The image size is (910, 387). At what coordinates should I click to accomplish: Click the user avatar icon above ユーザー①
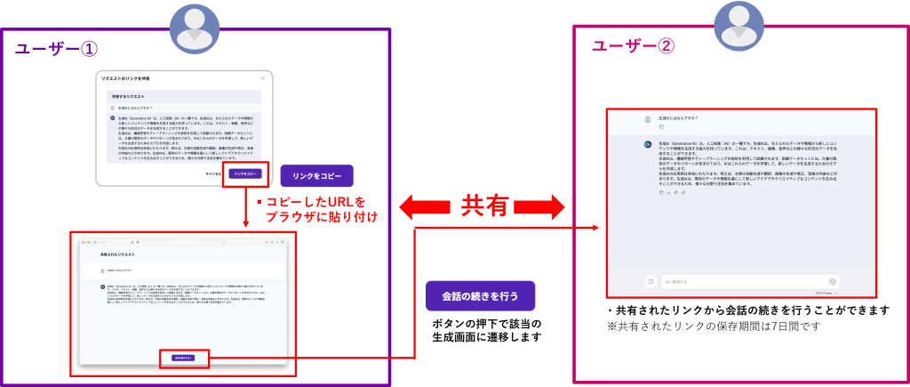click(x=194, y=27)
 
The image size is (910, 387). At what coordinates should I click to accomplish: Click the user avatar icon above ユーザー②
click(x=738, y=26)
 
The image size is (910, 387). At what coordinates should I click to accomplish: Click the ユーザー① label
click(x=55, y=49)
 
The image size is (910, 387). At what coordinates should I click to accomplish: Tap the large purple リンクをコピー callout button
click(x=316, y=175)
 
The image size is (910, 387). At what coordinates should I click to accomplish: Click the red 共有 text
click(x=484, y=206)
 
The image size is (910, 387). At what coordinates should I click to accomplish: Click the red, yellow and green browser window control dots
click(x=86, y=242)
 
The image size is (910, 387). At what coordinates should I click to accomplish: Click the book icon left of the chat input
click(x=650, y=282)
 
